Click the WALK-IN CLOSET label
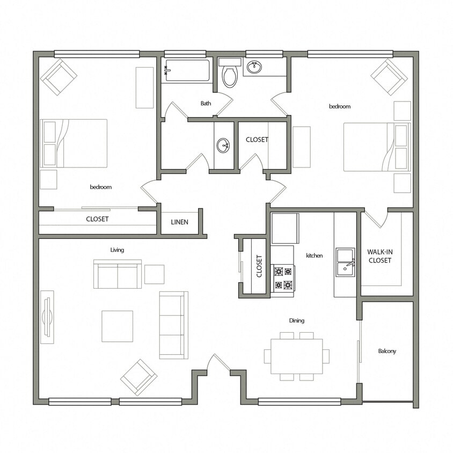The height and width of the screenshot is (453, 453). click(x=379, y=256)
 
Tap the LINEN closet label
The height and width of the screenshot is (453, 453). click(x=180, y=222)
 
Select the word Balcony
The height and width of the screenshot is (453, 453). click(x=386, y=351)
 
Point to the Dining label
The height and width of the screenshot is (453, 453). click(x=296, y=320)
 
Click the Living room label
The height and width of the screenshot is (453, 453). click(x=117, y=250)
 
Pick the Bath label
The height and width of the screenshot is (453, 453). click(x=206, y=103)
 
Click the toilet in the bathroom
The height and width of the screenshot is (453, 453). click(x=230, y=74)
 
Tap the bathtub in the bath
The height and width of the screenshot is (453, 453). click(x=187, y=70)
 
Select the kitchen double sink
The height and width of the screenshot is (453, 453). click(x=345, y=262)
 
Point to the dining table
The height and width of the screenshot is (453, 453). click(x=296, y=356)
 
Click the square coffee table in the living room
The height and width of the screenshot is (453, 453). click(x=117, y=326)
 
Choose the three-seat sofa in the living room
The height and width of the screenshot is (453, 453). click(x=173, y=325)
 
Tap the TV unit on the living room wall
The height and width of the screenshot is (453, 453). click(x=47, y=317)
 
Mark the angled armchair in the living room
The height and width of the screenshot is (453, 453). click(x=138, y=377)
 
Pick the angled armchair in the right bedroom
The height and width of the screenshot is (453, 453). click(x=389, y=77)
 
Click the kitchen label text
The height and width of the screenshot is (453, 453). click(x=314, y=255)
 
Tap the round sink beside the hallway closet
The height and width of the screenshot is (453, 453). click(x=223, y=145)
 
